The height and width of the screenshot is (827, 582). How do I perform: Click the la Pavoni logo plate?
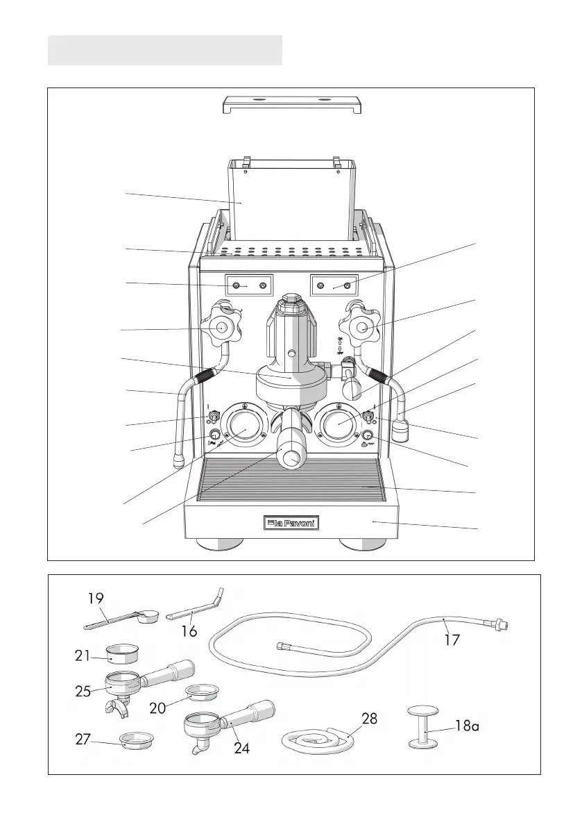(291, 523)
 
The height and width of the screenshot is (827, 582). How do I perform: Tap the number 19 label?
(96, 599)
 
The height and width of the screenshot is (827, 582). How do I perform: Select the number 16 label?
(189, 630)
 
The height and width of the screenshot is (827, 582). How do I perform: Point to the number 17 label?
(452, 640)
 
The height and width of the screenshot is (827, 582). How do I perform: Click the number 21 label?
(82, 655)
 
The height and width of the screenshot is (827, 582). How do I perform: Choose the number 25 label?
(83, 691)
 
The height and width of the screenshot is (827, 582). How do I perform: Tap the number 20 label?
(157, 708)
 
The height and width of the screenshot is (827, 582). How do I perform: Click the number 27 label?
(83, 740)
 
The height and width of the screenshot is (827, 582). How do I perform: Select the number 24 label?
(242, 748)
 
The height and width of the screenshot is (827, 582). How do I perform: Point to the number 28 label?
(370, 719)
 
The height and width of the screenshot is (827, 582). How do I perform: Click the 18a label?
(467, 726)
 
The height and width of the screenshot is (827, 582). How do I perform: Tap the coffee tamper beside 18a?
(422, 727)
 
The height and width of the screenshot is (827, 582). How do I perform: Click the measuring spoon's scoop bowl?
(148, 616)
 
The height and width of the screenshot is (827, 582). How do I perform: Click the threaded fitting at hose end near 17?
(500, 624)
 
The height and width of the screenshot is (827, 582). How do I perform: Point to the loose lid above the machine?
(291, 104)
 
